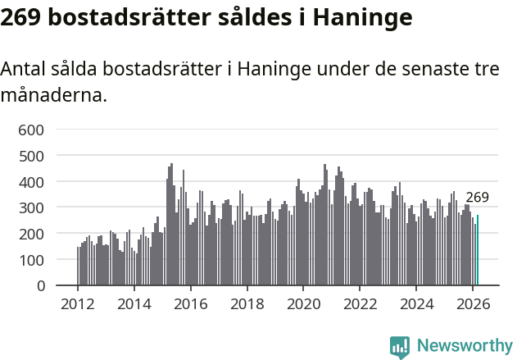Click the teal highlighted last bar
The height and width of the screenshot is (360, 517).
pos(478,251)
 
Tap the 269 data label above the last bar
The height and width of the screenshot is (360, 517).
pos(477,198)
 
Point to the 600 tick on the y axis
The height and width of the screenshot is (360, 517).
pos(41,129)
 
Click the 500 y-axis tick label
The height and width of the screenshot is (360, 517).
pos(41,155)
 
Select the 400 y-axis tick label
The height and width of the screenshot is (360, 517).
pos(41,181)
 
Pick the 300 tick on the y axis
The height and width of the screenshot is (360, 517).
pos(41,207)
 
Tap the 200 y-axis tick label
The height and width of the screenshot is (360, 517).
pos(41,234)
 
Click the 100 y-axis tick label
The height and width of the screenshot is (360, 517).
pos(41,260)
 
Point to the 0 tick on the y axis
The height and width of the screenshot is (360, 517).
pos(50,286)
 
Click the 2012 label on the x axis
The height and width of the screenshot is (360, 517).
pos(78,303)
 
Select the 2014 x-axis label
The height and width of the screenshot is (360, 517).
pos(134,303)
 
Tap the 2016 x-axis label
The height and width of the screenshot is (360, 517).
pos(191,303)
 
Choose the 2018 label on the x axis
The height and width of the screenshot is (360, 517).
pos(247,303)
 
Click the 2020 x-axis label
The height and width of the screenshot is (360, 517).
pos(303,303)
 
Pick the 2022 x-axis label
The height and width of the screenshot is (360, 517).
pos(360,303)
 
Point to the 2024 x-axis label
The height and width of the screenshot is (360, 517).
pos(416,303)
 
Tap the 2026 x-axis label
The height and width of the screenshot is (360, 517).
pos(473,303)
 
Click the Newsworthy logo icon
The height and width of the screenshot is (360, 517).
pos(400,347)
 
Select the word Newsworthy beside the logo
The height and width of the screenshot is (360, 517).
pos(464,347)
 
